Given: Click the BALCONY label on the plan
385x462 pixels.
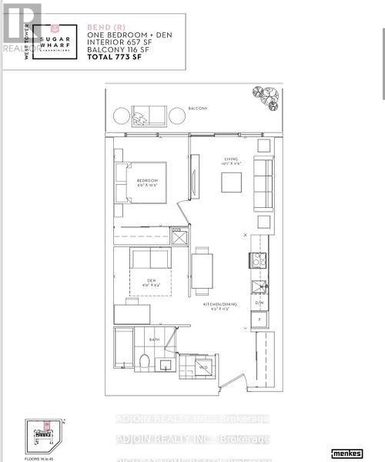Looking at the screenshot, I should click(x=198, y=109).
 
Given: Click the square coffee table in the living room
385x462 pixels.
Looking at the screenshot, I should click(x=231, y=182).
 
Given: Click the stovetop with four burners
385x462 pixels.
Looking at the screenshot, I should click(x=259, y=260).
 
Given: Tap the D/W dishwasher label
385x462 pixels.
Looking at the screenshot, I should click(x=259, y=303).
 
